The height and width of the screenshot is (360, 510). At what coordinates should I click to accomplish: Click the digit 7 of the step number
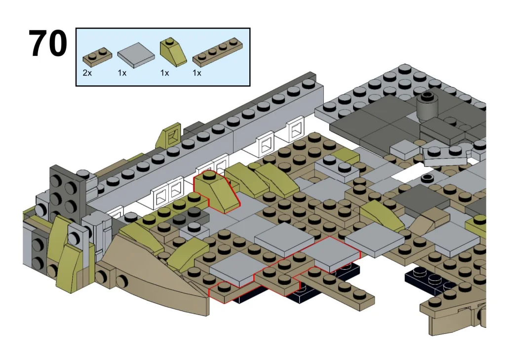click(x=39, y=43)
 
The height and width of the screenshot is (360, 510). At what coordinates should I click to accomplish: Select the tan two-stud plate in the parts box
click(x=97, y=55)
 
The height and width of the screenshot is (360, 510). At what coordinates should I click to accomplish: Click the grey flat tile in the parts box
click(x=136, y=54)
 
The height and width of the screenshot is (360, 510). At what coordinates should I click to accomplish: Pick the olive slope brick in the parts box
click(x=172, y=52)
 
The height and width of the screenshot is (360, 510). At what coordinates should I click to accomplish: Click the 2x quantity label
click(x=87, y=73)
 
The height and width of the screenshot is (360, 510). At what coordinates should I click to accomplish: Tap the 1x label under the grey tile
click(x=122, y=73)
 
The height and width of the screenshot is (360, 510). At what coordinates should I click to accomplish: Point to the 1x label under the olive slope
click(x=164, y=73)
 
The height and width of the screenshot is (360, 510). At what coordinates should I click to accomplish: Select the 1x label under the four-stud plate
click(x=197, y=73)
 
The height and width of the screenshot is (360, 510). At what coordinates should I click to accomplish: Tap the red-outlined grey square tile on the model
click(x=330, y=253)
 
